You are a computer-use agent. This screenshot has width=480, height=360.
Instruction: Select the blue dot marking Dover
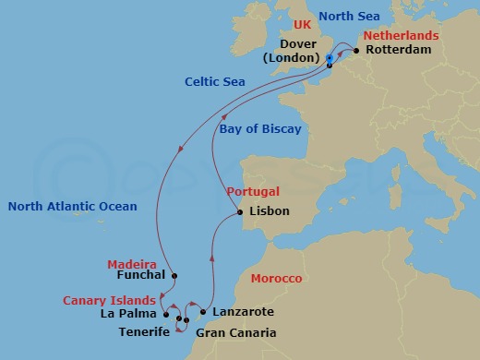tap(330, 59)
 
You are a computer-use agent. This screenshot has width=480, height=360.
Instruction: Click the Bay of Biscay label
tap(260, 129)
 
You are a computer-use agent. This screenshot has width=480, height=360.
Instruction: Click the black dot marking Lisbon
tap(241, 212)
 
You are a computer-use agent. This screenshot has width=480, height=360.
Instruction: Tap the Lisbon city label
tap(270, 211)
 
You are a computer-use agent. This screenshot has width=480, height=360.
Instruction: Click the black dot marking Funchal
tap(174, 275)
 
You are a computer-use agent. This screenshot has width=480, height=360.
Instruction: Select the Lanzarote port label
tap(243, 313)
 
